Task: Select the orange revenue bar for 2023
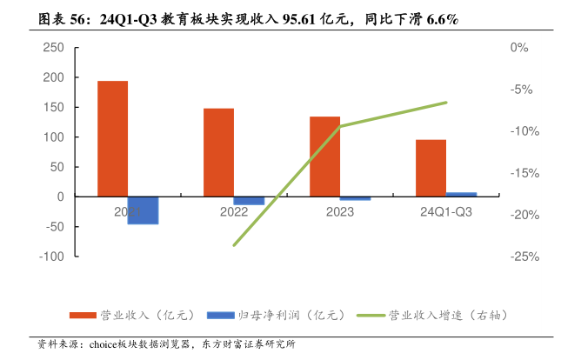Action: pyautogui.click(x=324, y=157)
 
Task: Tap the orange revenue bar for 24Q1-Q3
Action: pyautogui.click(x=431, y=168)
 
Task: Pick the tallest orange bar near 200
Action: pyautogui.click(x=112, y=138)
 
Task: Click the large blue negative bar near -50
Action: pyautogui.click(x=143, y=210)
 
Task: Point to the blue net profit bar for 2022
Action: pyautogui.click(x=249, y=201)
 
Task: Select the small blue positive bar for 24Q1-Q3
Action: pyautogui.click(x=461, y=195)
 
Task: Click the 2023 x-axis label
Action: pyautogui.click(x=340, y=211)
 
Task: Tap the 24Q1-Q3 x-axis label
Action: pyautogui.click(x=446, y=211)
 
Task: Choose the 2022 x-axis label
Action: pyautogui.click(x=234, y=211)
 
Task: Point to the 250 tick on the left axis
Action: pyautogui.click(x=53, y=48)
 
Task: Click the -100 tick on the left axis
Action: pyautogui.click(x=51, y=257)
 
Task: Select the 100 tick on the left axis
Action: pyautogui.click(x=53, y=137)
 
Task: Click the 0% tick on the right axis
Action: pyautogui.click(x=520, y=48)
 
